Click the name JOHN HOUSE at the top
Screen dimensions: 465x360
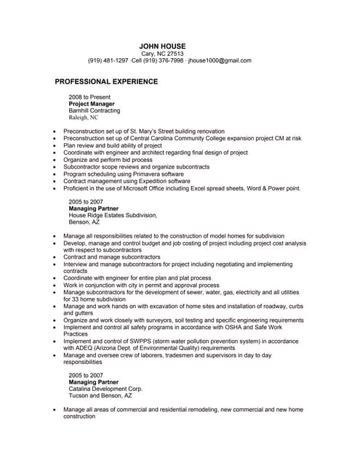click(162, 46)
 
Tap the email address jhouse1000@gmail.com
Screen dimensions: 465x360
click(220, 60)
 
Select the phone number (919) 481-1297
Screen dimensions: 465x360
click(107, 60)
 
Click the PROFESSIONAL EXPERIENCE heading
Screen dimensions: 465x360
click(106, 81)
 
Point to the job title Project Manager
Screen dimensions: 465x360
click(92, 103)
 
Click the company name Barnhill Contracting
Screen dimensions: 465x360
click(95, 110)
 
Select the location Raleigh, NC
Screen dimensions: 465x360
click(83, 117)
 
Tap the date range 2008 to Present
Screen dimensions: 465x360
click(90, 96)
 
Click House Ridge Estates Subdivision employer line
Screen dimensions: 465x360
click(113, 215)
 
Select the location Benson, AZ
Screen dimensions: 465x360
click(84, 222)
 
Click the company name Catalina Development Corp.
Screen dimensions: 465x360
click(106, 389)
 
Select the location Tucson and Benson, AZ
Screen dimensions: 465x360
click(100, 396)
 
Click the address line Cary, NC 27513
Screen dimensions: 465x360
click(162, 54)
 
